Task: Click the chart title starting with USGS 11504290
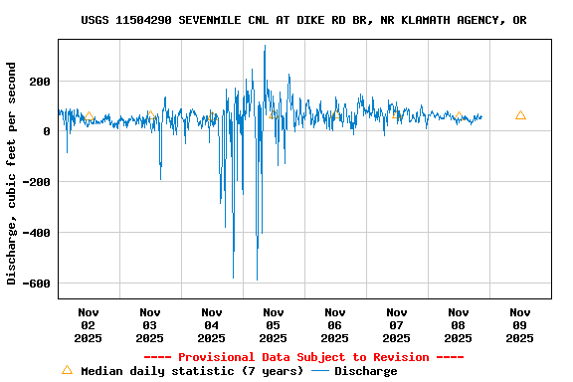tap(303, 20)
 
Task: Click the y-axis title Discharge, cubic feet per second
tap(12, 173)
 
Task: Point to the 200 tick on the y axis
tap(40, 82)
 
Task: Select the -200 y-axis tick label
tap(37, 182)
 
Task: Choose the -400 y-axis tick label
tap(37, 233)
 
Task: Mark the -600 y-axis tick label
tap(37, 284)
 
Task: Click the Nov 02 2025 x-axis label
tap(88, 324)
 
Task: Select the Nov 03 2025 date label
tap(149, 324)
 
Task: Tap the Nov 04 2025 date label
tap(211, 324)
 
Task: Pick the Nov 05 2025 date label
tap(273, 324)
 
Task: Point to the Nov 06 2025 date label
tap(334, 324)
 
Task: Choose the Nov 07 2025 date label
tap(396, 324)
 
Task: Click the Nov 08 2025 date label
tap(458, 324)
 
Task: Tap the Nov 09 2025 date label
tap(519, 324)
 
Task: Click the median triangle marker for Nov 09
tap(520, 115)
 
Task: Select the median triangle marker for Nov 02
tap(89, 116)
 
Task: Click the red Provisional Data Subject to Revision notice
tap(303, 357)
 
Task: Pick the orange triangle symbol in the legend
tap(67, 370)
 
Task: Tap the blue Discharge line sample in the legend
tap(320, 371)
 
